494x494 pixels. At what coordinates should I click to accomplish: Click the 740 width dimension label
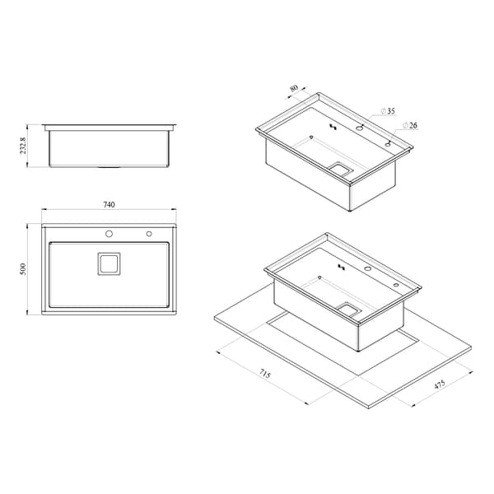coord(109,204)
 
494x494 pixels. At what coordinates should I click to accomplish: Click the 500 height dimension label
coord(23,269)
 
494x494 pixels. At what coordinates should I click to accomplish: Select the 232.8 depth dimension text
coord(23,146)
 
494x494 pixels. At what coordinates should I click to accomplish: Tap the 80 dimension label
coord(294,88)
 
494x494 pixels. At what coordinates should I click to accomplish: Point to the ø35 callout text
coord(388,111)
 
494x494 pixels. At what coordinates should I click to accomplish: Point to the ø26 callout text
coord(410,125)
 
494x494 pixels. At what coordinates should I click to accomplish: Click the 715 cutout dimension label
coord(265,374)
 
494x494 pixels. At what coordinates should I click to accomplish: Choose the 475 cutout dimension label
coord(439,384)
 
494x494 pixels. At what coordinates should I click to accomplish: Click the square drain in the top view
coord(109,263)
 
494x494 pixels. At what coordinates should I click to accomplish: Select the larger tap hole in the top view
coord(109,234)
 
